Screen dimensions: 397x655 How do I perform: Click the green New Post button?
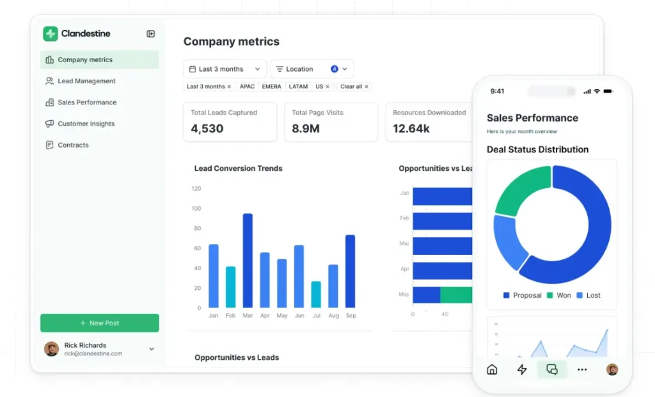click(x=99, y=323)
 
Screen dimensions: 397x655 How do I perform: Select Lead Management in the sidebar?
click(x=86, y=81)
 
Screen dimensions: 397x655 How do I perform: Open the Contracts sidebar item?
click(x=73, y=145)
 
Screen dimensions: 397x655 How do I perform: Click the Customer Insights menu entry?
click(x=86, y=124)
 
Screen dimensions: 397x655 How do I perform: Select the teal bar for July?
click(x=316, y=295)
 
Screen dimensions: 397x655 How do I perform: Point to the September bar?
click(x=350, y=271)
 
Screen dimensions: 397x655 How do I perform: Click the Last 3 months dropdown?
click(x=225, y=69)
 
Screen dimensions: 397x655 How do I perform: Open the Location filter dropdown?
click(x=312, y=69)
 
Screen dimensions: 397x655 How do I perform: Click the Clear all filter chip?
click(x=354, y=86)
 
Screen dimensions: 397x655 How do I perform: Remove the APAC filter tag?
click(x=247, y=86)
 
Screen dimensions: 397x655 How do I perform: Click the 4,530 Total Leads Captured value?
click(x=207, y=129)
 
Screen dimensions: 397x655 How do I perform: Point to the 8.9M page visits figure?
click(x=306, y=129)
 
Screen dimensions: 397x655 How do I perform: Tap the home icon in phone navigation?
click(x=492, y=369)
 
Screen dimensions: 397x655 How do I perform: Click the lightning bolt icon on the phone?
click(x=522, y=369)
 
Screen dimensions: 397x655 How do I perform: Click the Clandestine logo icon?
click(x=51, y=34)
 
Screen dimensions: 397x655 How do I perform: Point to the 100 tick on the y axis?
click(x=196, y=209)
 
